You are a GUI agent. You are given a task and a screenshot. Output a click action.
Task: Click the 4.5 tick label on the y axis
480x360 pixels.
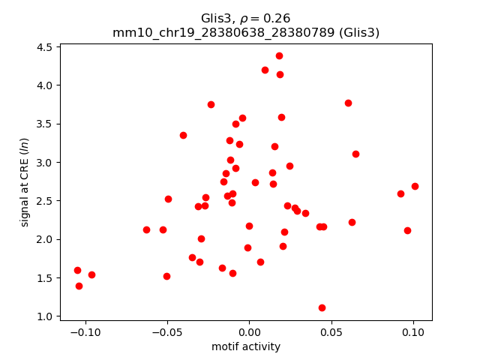click(x=44, y=46)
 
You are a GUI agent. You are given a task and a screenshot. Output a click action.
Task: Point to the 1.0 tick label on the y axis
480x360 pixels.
click(x=44, y=316)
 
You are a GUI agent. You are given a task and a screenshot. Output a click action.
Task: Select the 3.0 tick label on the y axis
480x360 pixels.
click(x=44, y=162)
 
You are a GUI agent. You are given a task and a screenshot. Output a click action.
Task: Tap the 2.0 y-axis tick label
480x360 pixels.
click(x=44, y=239)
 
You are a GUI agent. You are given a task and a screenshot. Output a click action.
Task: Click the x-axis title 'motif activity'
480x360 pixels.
click(x=246, y=346)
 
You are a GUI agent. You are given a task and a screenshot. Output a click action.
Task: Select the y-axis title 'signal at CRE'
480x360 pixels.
click(x=25, y=182)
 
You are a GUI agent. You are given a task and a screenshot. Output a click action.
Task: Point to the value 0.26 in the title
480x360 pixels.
click(x=277, y=18)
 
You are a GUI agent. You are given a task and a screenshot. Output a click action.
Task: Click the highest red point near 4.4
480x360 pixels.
click(x=279, y=55)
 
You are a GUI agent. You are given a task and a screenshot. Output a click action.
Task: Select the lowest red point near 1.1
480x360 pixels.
click(x=322, y=307)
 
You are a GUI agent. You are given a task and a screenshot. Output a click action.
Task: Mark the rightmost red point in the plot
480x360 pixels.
click(x=415, y=186)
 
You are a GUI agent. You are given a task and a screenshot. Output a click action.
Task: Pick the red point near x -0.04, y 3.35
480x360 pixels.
click(x=183, y=135)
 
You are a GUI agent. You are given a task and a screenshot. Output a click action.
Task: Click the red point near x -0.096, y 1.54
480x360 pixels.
click(x=91, y=274)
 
